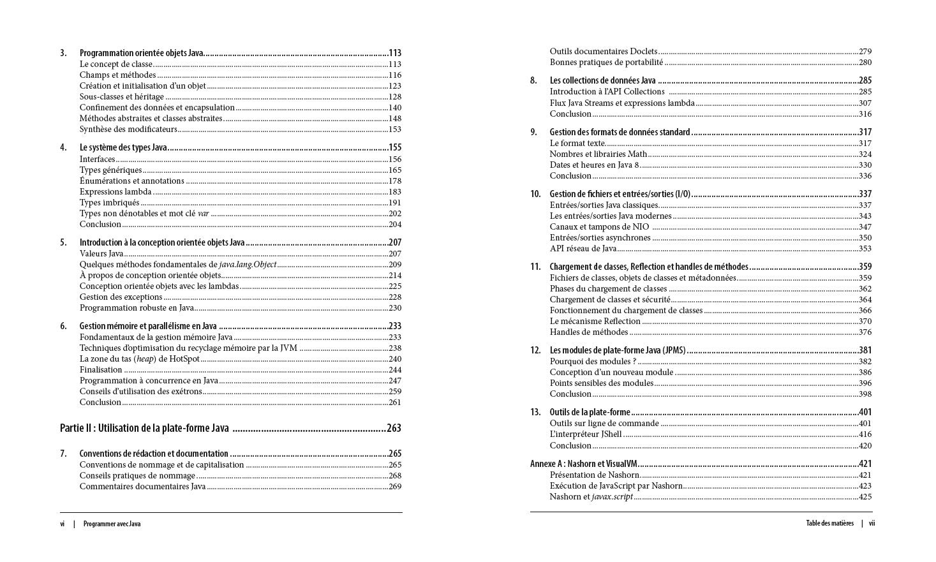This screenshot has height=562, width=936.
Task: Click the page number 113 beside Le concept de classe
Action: pyautogui.click(x=395, y=64)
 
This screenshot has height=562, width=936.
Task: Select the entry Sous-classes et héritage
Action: pyautogui.click(x=121, y=97)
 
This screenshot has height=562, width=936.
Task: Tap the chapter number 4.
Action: pyautogui.click(x=63, y=147)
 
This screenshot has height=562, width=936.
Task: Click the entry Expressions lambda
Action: pyautogui.click(x=115, y=192)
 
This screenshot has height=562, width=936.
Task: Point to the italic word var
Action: pyautogui.click(x=203, y=214)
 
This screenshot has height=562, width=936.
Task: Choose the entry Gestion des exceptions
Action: pyautogui.click(x=121, y=297)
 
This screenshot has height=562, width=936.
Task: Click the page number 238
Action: pyautogui.click(x=395, y=348)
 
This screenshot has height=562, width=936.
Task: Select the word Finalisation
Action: pyautogui.click(x=101, y=370)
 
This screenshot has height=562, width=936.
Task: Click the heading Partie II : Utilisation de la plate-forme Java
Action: pyautogui.click(x=144, y=428)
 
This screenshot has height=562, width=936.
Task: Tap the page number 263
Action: pyautogui.click(x=394, y=428)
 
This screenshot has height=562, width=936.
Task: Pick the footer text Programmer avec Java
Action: pyautogui.click(x=112, y=524)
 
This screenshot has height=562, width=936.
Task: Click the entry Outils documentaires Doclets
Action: pyautogui.click(x=603, y=52)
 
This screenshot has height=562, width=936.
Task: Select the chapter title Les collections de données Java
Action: pyautogui.click(x=602, y=80)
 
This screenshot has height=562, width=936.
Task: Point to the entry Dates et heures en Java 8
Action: pyautogui.click(x=594, y=165)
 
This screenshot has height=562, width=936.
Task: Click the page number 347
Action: pyautogui.click(x=865, y=227)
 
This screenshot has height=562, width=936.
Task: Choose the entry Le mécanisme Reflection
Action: pyautogui.click(x=595, y=322)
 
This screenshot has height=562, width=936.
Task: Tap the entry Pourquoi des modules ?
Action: pyautogui.click(x=593, y=362)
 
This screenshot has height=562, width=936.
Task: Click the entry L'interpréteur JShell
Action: pyautogui.click(x=585, y=434)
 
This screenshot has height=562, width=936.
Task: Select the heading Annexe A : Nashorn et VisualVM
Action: pyautogui.click(x=584, y=464)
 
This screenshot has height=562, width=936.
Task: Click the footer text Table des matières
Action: pyautogui.click(x=829, y=524)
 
